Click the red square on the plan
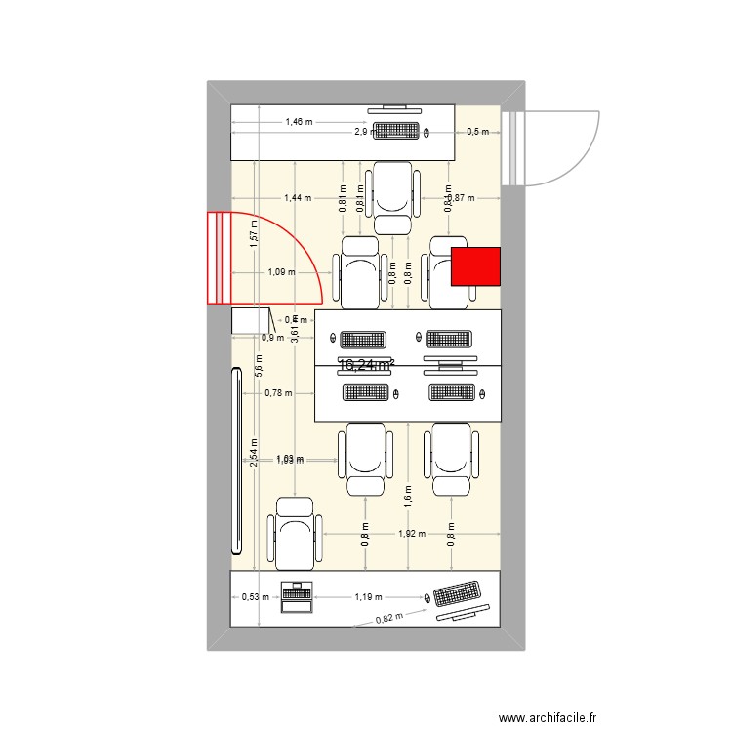click(x=475, y=266)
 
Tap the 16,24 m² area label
click(x=366, y=365)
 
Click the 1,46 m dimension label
click(x=299, y=122)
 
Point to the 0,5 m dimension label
click(x=478, y=131)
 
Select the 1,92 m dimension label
click(x=412, y=534)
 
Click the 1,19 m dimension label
click(x=369, y=595)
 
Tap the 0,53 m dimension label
click(x=255, y=598)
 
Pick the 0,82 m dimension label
click(x=389, y=617)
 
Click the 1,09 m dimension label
click(x=281, y=272)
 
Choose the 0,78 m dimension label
click(x=278, y=393)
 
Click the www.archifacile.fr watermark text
click(x=548, y=717)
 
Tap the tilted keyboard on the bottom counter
click(x=457, y=595)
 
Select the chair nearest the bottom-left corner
click(x=295, y=532)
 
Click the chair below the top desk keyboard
click(x=393, y=197)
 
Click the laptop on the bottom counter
click(x=295, y=596)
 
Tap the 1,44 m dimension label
click(x=298, y=197)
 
